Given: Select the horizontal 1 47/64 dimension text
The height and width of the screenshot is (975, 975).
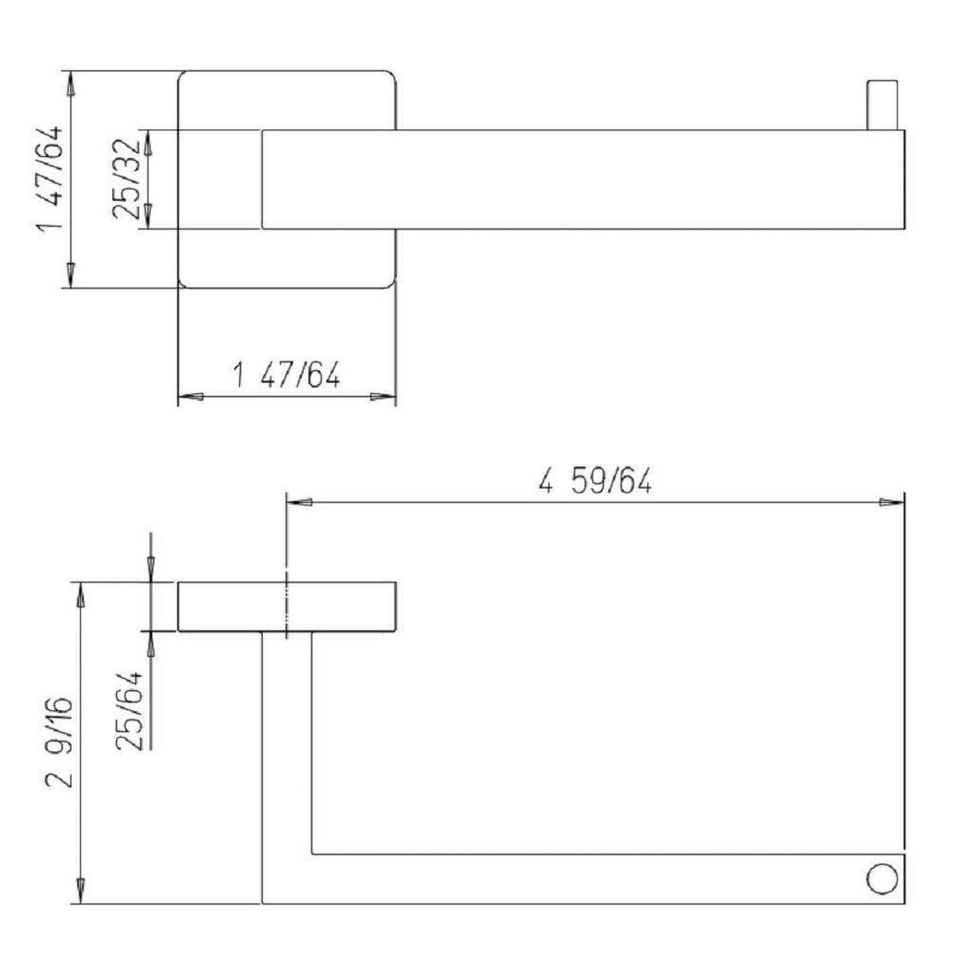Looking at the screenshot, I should click(x=286, y=375).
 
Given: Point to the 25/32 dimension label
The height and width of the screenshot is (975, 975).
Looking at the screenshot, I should click(x=127, y=179).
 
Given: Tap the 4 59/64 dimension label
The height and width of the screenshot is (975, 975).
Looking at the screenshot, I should click(x=595, y=482).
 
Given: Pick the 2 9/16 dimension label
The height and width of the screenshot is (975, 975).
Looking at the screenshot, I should click(x=59, y=742).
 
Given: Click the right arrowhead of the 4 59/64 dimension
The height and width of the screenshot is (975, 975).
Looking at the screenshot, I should click(x=891, y=503).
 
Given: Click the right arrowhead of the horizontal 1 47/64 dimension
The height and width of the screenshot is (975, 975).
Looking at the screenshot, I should click(x=383, y=397).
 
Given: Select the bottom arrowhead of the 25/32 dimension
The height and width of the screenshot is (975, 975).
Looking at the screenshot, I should click(x=150, y=217).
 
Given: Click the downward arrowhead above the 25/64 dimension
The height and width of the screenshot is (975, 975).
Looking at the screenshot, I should click(x=150, y=569).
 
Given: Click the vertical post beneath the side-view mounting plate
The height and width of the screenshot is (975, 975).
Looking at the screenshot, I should click(x=287, y=742).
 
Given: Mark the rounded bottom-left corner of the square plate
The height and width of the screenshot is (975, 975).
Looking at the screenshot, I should click(x=183, y=283).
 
